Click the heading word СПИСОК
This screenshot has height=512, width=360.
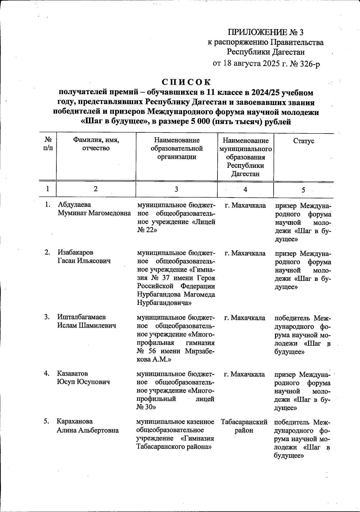pos(186,82)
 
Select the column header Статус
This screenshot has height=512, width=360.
pos(303,141)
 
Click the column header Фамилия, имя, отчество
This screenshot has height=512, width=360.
pos(96,144)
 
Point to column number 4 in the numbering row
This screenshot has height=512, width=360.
pos(245,189)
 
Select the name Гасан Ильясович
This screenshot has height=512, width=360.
pos(84,261)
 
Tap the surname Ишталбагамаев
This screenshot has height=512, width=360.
pos(81,317)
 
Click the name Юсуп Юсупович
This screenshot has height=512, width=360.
pos(83,382)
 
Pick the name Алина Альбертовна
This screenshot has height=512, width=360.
pos(88,430)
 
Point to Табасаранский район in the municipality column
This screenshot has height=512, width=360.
pos(244,426)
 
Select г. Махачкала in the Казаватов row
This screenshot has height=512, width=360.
pos(244,374)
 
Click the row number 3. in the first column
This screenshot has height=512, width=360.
pos(47,317)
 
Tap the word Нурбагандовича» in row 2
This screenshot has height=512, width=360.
pos(164,303)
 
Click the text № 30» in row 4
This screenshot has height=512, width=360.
pos(146,407)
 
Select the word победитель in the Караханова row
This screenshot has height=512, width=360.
pos(288,422)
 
